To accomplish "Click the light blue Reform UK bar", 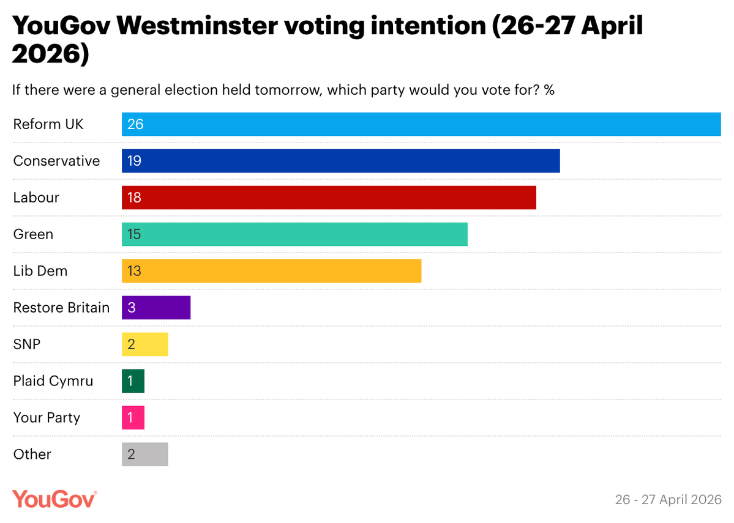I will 421,124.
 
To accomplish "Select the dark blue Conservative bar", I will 341,161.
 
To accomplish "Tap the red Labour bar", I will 329,198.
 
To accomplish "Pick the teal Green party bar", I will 294,234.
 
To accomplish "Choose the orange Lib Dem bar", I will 271,271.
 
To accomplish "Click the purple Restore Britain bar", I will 156,308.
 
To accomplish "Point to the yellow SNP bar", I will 144,344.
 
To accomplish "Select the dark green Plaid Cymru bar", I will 133,381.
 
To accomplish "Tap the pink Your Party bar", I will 133,418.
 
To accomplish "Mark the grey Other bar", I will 144,454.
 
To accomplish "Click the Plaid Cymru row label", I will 53,381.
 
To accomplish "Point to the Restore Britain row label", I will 61,308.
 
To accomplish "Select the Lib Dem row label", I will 40,271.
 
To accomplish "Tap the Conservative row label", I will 56,161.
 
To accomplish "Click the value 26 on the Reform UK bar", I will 135,124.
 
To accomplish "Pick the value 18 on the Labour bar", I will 135,198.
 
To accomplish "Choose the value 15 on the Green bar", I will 135,234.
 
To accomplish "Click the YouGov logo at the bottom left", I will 54,499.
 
